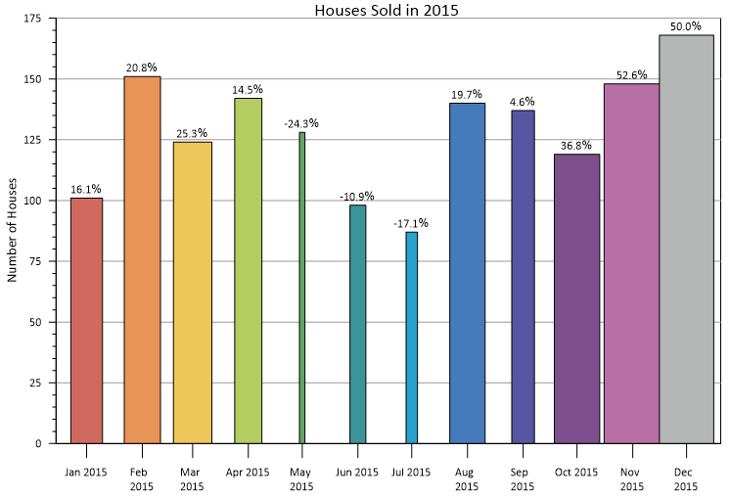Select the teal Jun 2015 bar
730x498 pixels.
click(357, 324)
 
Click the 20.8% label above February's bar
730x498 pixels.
click(141, 68)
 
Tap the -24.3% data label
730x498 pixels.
click(301, 124)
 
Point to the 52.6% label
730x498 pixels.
click(631, 75)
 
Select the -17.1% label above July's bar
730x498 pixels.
click(412, 224)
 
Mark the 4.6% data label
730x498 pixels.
click(523, 102)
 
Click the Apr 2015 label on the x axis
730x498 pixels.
click(247, 473)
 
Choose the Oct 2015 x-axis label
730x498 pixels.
click(576, 473)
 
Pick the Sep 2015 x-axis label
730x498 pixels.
click(523, 479)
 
